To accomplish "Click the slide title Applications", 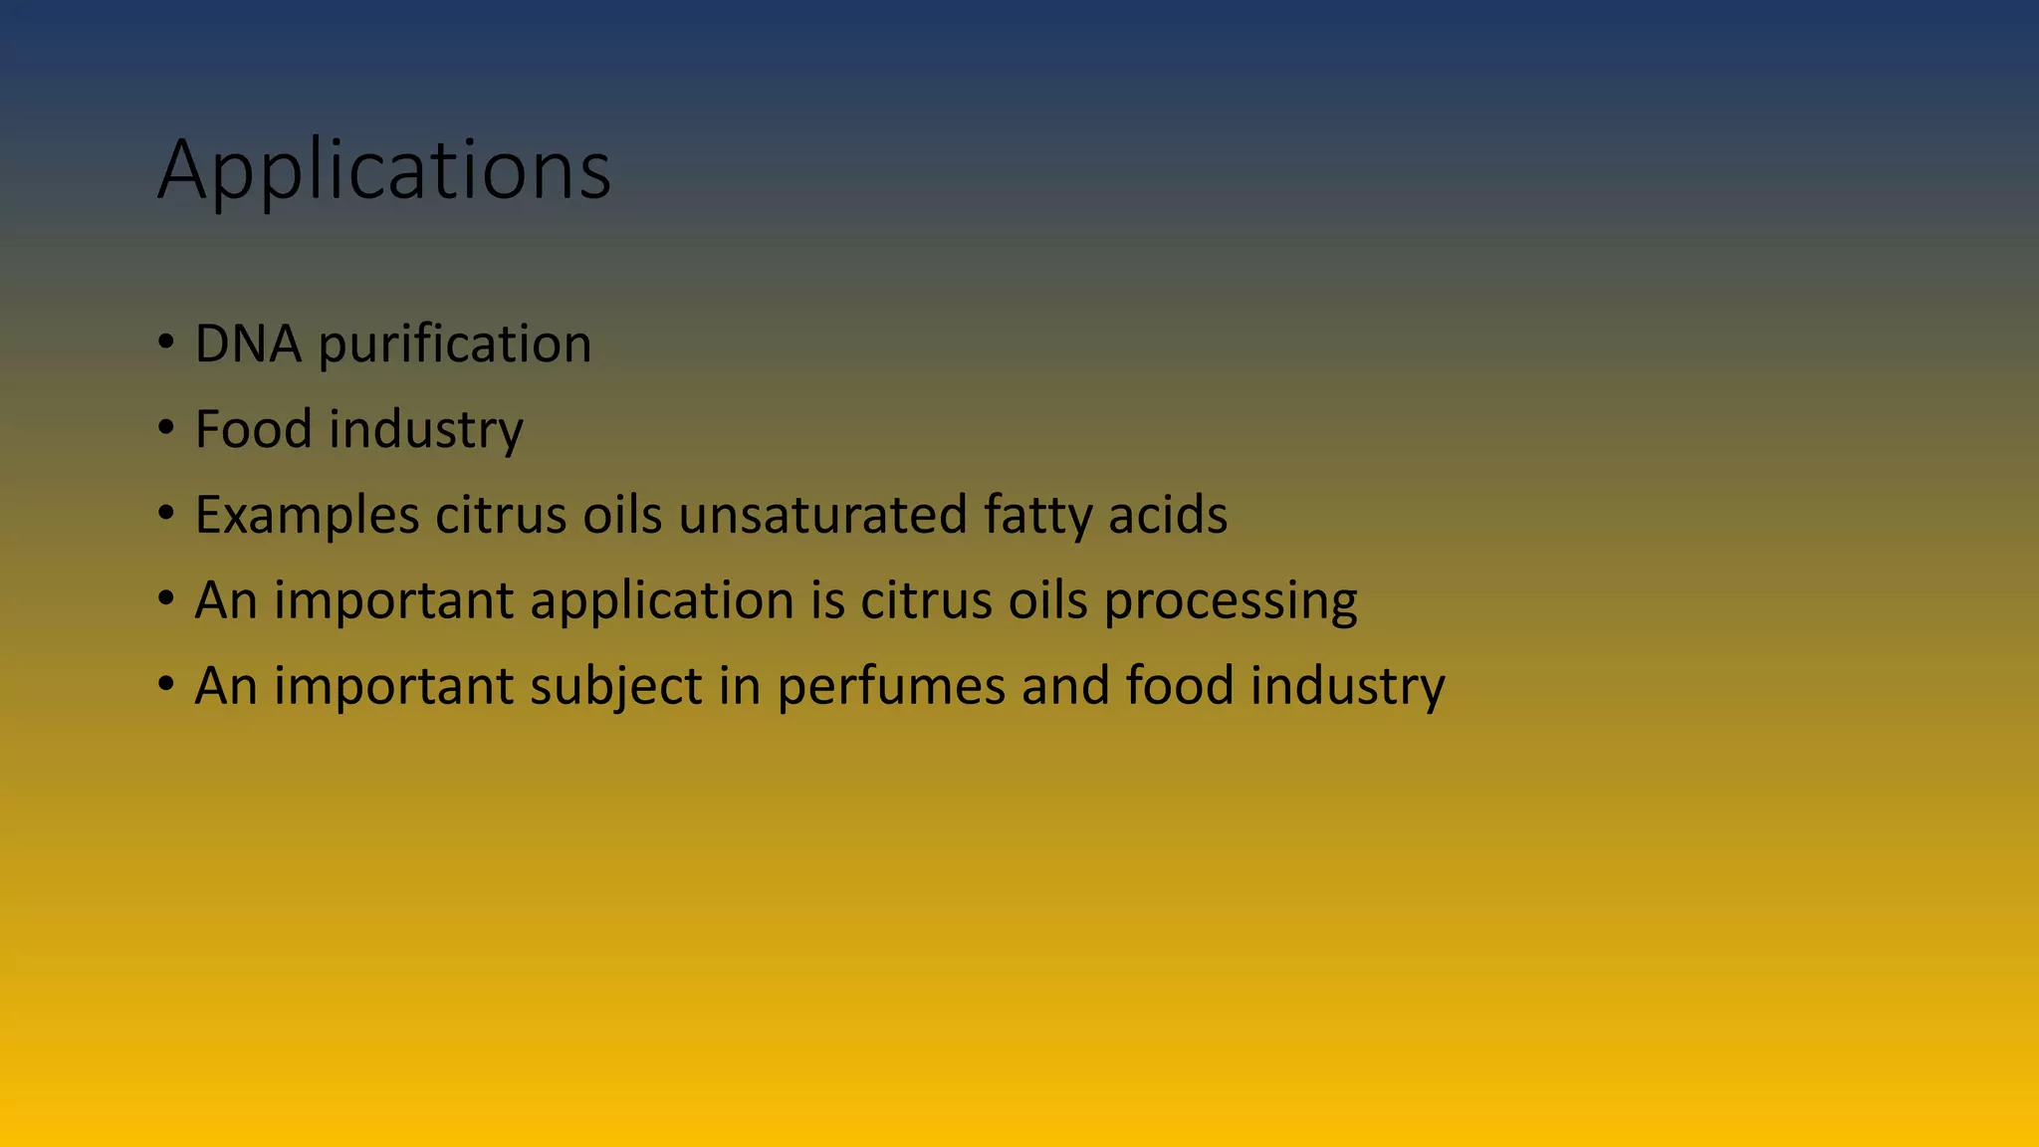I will click(384, 170).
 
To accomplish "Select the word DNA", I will click(248, 344).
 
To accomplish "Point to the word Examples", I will click(307, 516).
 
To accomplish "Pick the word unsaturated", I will click(822, 515).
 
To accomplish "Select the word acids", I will click(1168, 515).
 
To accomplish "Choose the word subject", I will click(616, 687).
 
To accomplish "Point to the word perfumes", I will click(891, 687).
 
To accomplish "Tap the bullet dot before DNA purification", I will click(166, 344).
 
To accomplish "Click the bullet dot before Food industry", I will click(166, 430).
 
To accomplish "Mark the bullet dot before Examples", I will click(166, 516).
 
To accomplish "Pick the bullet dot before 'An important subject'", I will click(166, 686).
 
